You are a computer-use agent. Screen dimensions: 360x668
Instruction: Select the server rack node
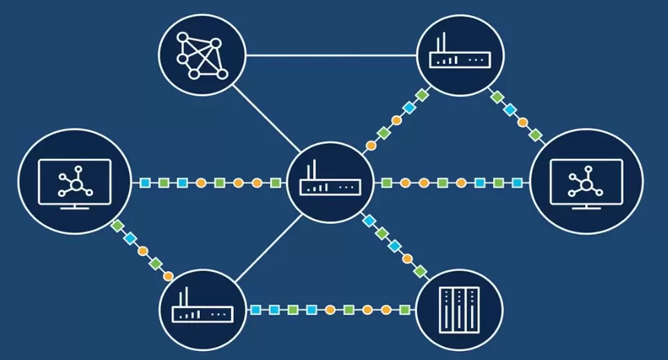[459, 309]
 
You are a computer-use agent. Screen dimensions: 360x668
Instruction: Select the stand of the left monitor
[74, 205]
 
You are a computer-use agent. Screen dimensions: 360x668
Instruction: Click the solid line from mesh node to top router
[332, 55]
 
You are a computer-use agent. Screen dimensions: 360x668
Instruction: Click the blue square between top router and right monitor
[511, 110]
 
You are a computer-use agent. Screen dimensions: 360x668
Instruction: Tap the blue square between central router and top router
[409, 108]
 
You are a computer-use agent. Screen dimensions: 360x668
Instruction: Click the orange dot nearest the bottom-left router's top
[168, 275]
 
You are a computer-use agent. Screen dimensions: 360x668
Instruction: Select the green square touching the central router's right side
[386, 183]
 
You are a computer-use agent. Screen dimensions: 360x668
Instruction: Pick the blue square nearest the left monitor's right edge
[145, 183]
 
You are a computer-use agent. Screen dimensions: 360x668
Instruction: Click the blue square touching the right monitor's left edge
[517, 183]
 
